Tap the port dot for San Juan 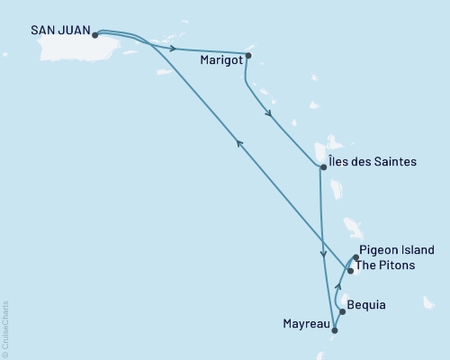95,35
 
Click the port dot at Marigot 248,55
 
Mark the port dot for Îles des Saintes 322,166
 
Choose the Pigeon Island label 397,250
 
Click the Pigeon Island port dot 355,258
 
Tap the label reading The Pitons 388,265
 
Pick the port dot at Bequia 342,312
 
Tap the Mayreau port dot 334,331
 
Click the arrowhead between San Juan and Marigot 171,47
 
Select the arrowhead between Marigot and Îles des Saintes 268,114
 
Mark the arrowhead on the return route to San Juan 238,143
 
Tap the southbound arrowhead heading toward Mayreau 323,256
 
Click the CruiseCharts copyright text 5,329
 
